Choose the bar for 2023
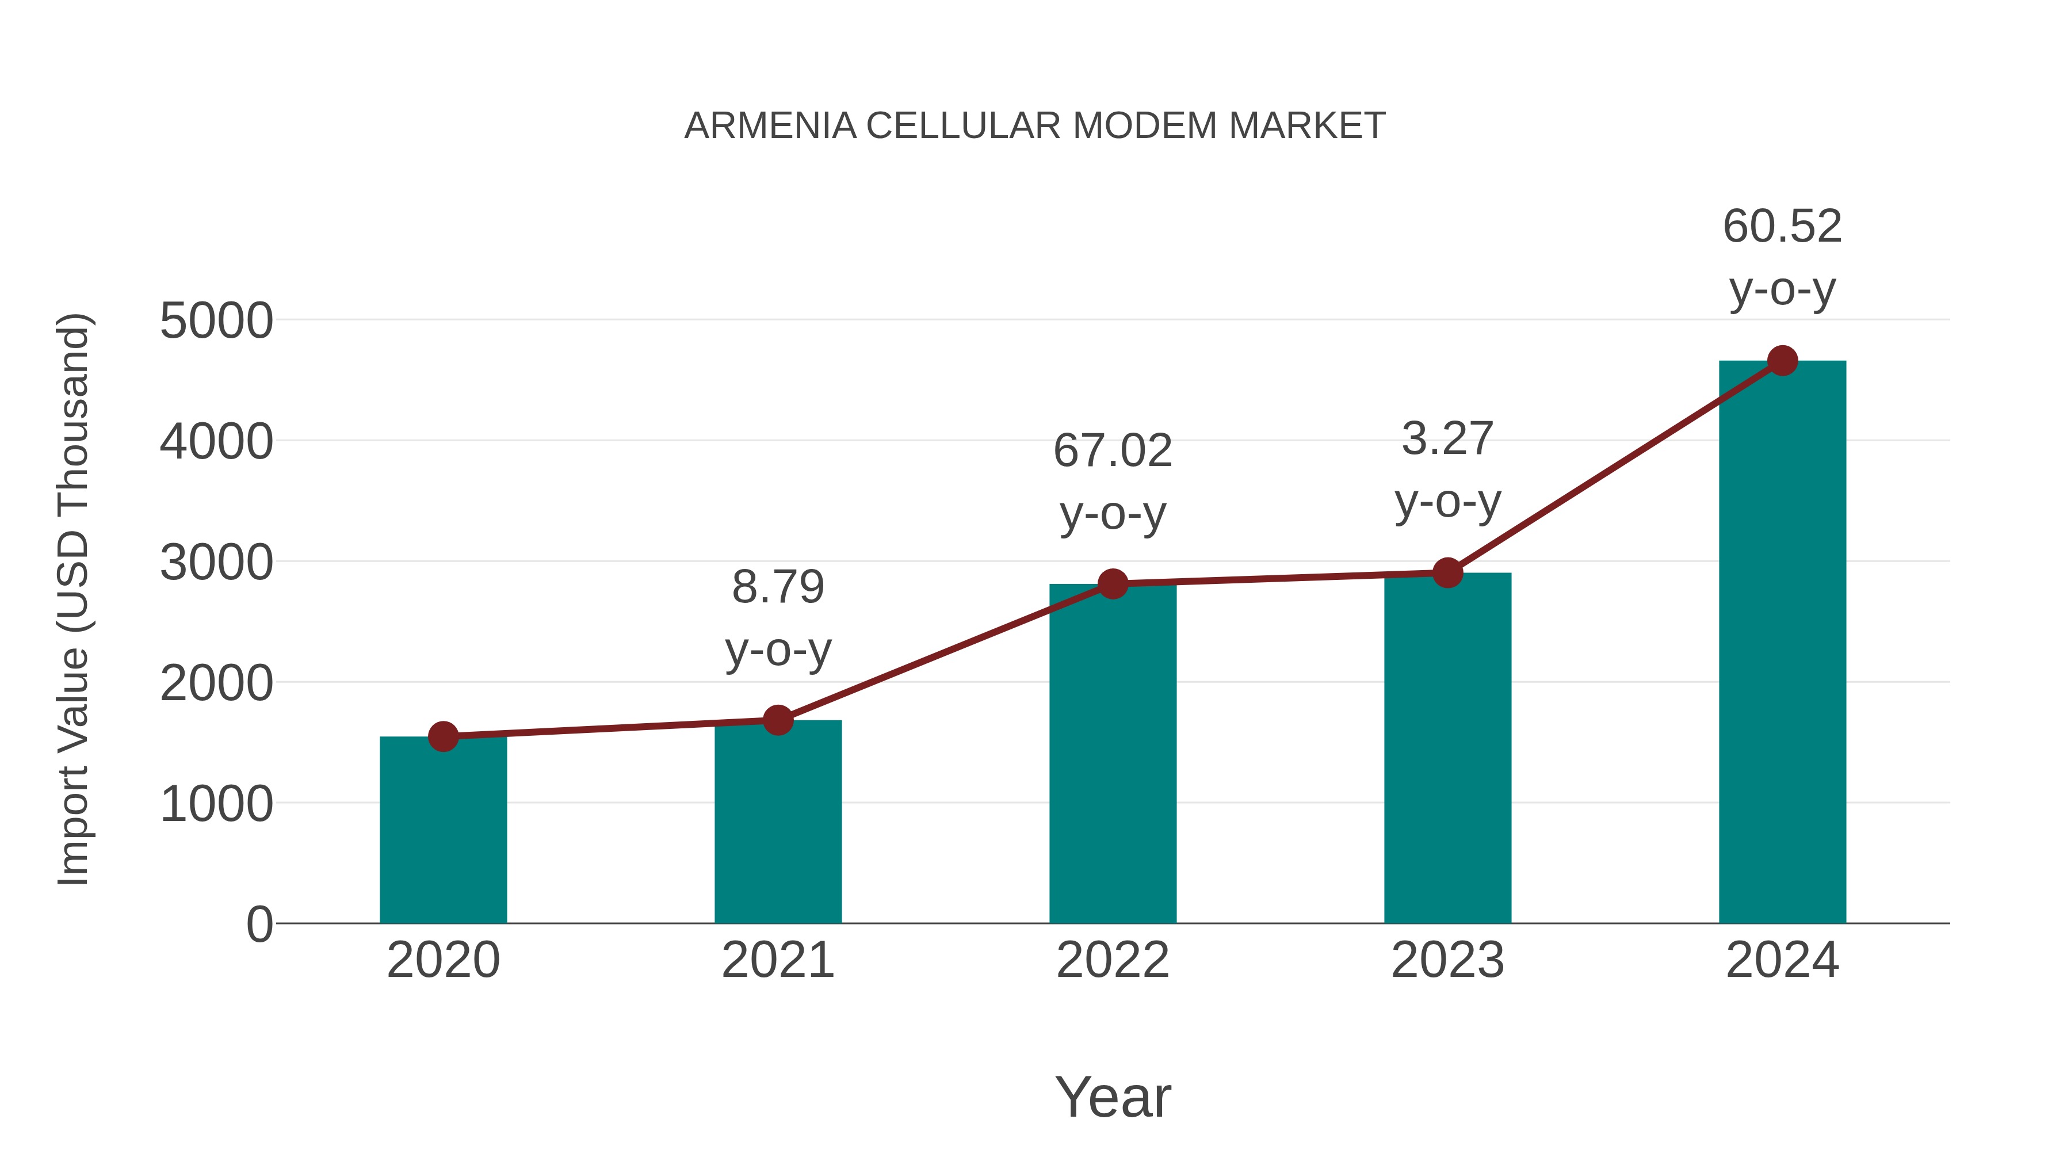(1447, 748)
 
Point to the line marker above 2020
(443, 736)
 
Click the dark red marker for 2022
(1112, 584)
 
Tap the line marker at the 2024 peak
(1782, 361)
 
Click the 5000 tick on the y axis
(216, 322)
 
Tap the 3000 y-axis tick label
(216, 563)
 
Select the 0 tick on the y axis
(259, 925)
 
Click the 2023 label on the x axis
(1447, 960)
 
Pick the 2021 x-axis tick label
(777, 960)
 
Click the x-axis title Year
(1112, 1097)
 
